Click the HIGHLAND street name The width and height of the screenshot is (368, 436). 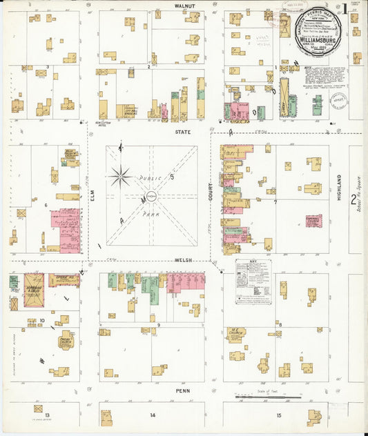pyautogui.click(x=339, y=186)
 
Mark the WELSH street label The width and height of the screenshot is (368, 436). pyautogui.click(x=182, y=261)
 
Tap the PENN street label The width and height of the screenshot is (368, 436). pyautogui.click(x=182, y=390)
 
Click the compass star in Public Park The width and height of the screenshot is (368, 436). pyautogui.click(x=120, y=176)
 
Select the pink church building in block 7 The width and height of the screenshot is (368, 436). pyautogui.click(x=313, y=221)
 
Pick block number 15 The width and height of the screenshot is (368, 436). pyautogui.click(x=278, y=415)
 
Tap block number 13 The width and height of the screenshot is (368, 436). pyautogui.click(x=47, y=415)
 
